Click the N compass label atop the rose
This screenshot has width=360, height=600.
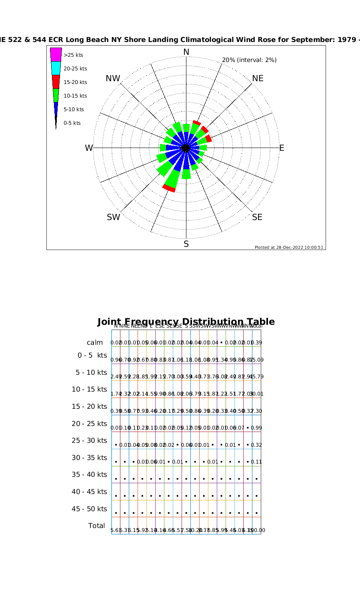pos(186,52)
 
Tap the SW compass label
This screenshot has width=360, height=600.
pos(113,217)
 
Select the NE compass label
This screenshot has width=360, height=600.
pos(258,78)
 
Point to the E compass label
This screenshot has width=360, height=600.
pos(282,148)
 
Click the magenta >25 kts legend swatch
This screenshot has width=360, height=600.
pos(56,55)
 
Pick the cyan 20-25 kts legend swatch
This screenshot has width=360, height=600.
pos(56,68)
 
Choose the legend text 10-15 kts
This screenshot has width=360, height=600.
pos(75,96)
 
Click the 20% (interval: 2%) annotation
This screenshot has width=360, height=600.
pos(249,60)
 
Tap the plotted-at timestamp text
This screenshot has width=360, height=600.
pos(289,247)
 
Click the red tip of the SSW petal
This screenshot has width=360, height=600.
pos(169,188)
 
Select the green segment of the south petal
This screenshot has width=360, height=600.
pos(186,174)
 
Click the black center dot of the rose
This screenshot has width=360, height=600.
pos(186,148)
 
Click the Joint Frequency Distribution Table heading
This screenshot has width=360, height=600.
pos(186,322)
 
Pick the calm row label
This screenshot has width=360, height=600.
pos(95,343)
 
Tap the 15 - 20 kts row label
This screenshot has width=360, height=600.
pos(89,406)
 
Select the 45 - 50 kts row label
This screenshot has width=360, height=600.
pos(89,509)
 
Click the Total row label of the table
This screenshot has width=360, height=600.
pos(97,526)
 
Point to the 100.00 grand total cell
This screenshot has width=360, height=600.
pos(257,530)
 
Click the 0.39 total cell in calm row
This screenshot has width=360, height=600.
pos(257,343)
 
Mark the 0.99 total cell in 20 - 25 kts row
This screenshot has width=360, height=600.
pos(257,428)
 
